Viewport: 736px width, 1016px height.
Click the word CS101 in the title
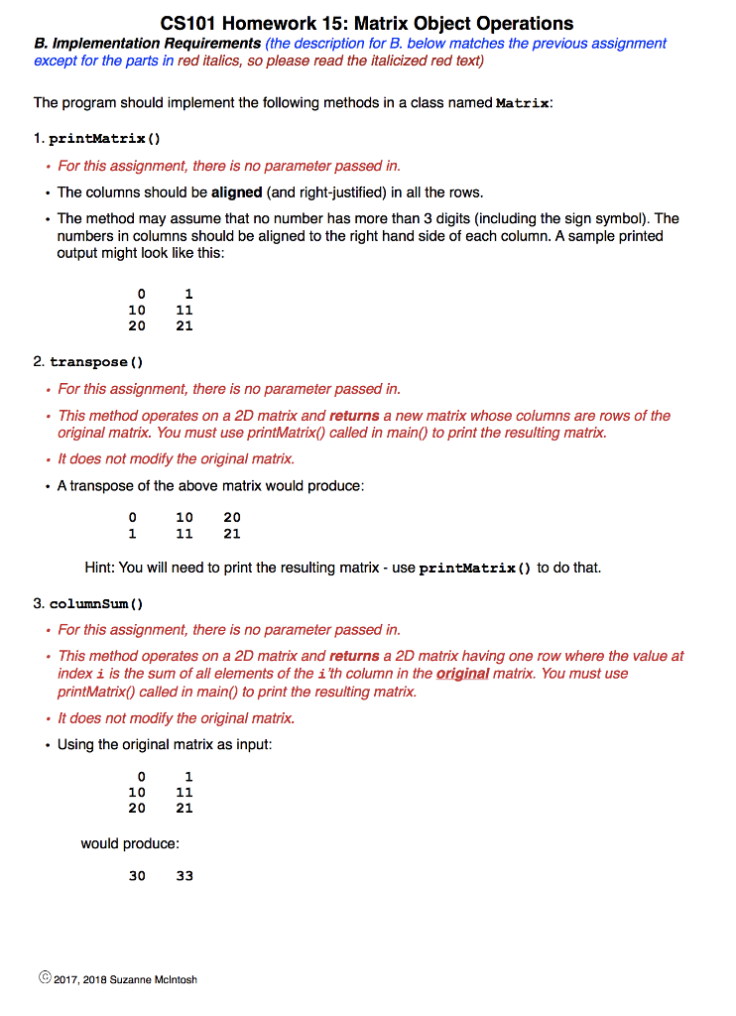click(x=189, y=23)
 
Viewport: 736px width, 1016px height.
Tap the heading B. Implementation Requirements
click(x=148, y=44)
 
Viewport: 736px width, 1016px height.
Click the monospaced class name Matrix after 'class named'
click(x=522, y=103)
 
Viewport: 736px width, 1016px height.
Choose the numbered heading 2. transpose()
click(x=88, y=361)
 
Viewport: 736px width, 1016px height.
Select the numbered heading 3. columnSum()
click(x=89, y=602)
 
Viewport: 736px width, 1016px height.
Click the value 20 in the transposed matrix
click(x=232, y=517)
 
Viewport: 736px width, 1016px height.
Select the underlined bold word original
click(x=463, y=673)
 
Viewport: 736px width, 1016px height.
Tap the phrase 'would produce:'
click(x=130, y=843)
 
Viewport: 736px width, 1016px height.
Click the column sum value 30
click(x=137, y=876)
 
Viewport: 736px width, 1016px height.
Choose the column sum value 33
click(x=184, y=876)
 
